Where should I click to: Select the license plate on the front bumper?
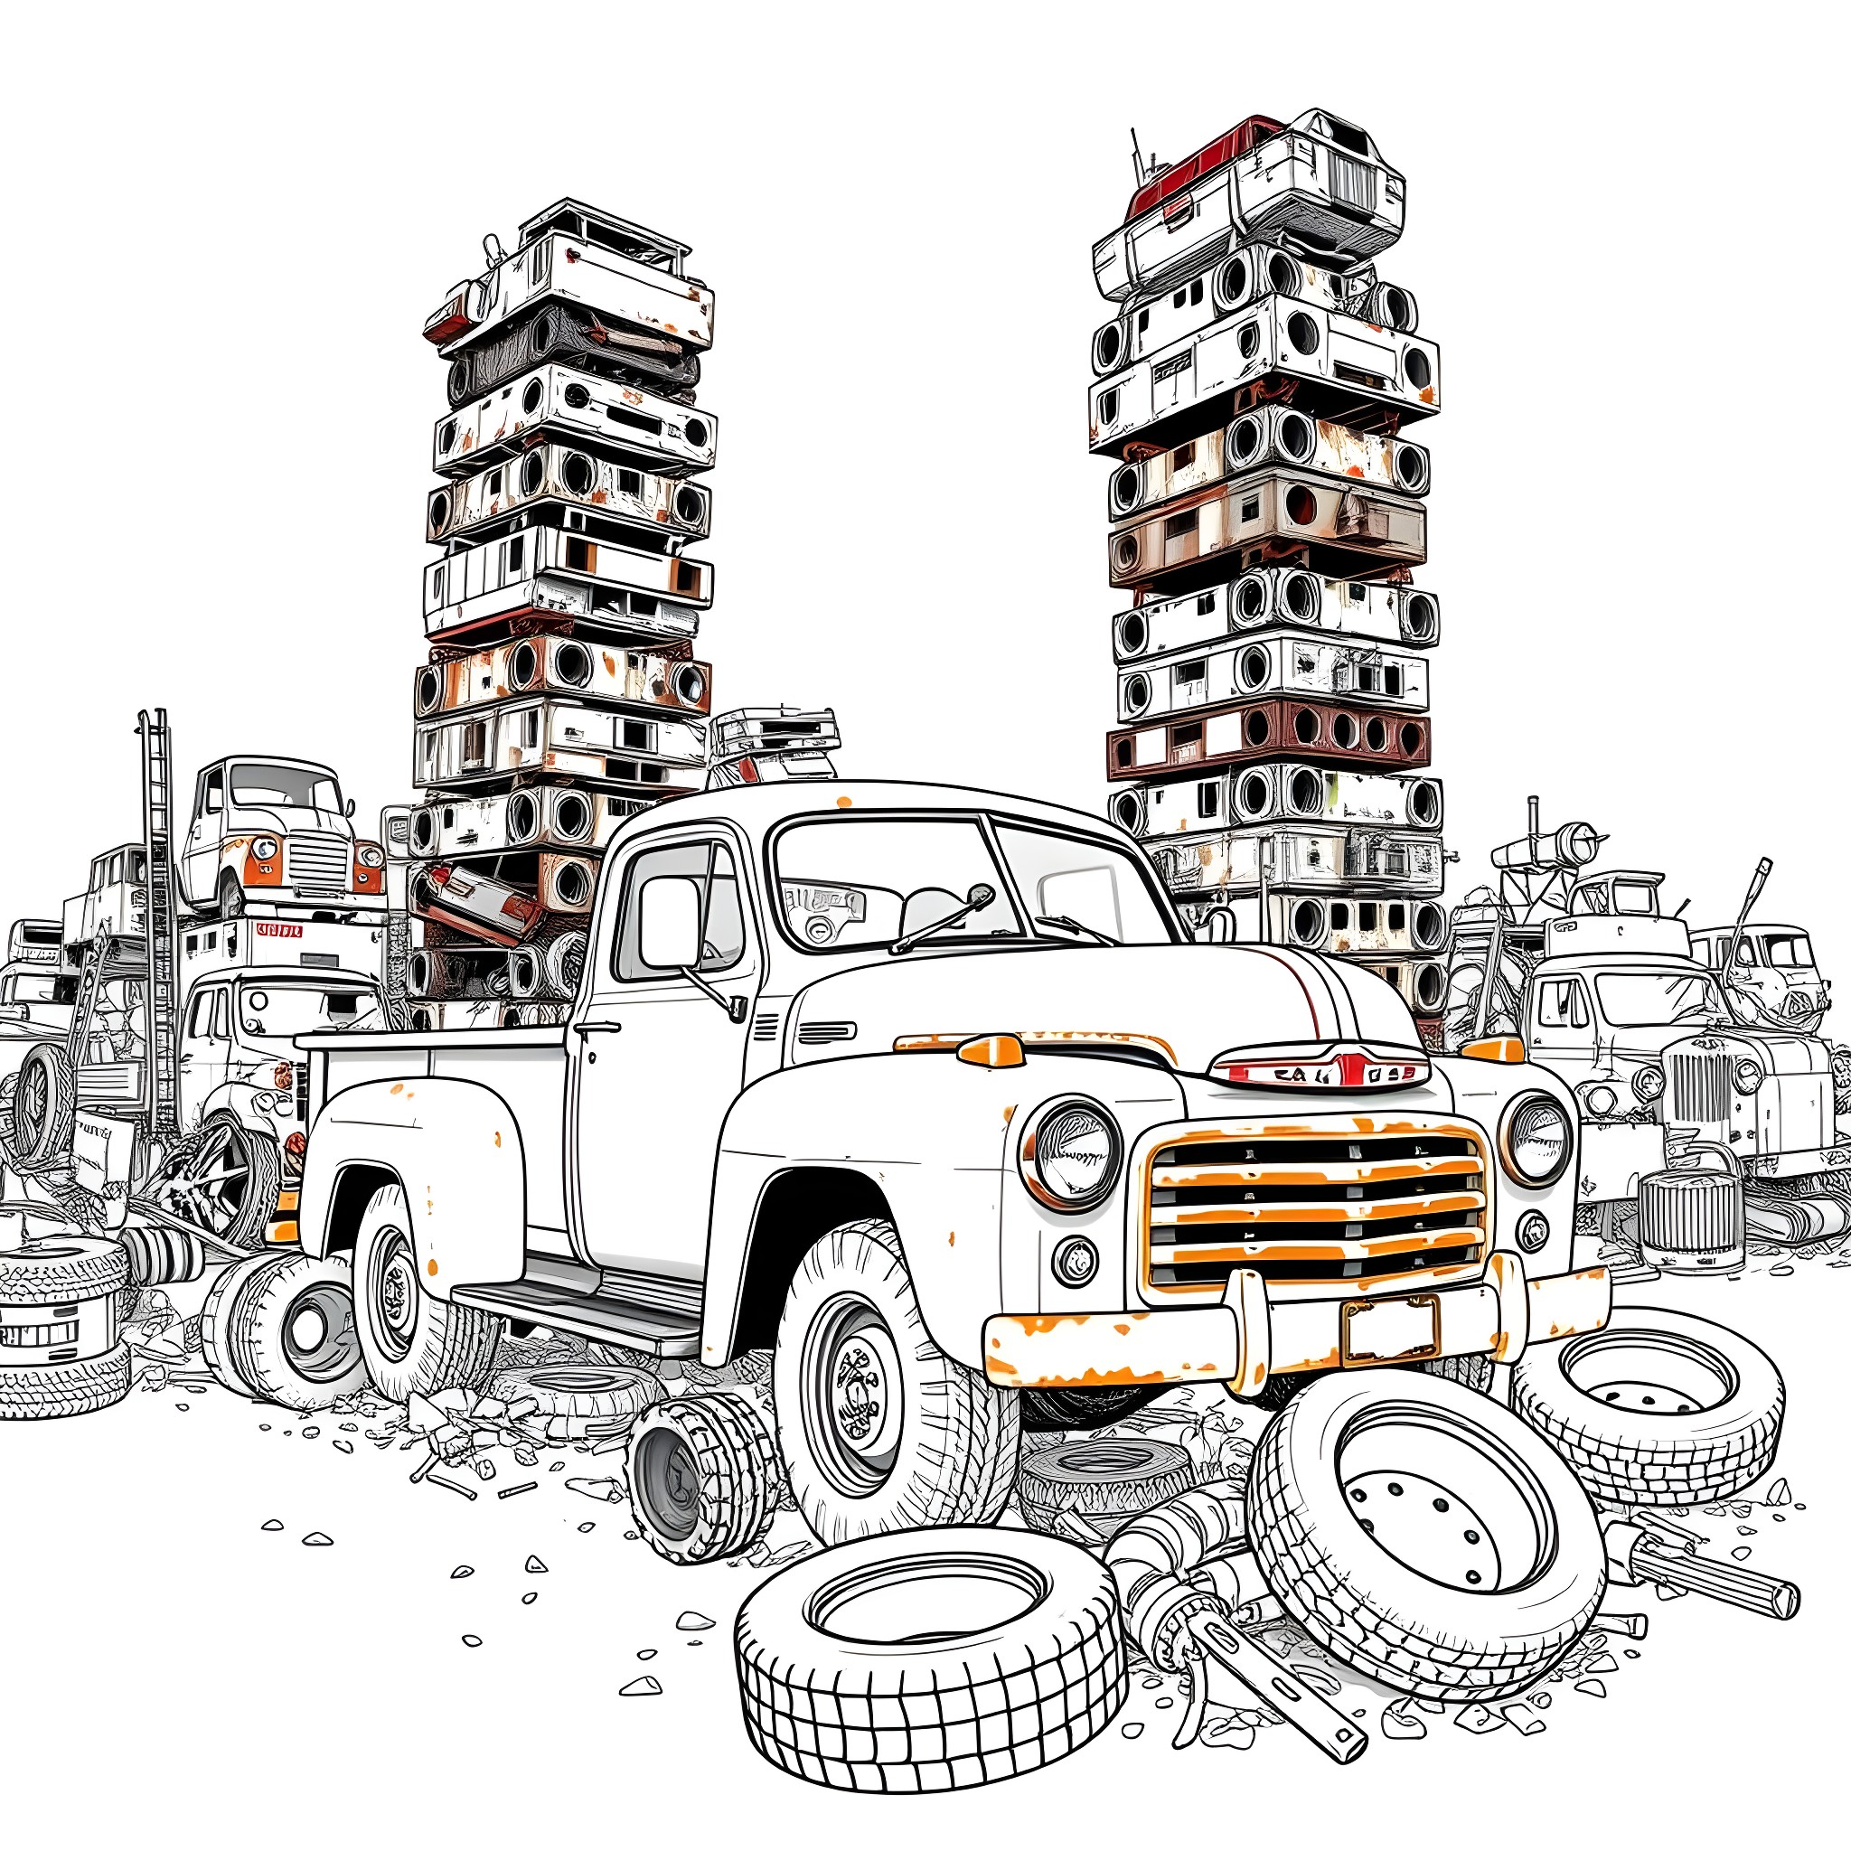point(1390,1328)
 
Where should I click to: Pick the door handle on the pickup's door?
point(596,1029)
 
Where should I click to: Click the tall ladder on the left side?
point(158,910)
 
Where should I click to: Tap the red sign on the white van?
point(278,929)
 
